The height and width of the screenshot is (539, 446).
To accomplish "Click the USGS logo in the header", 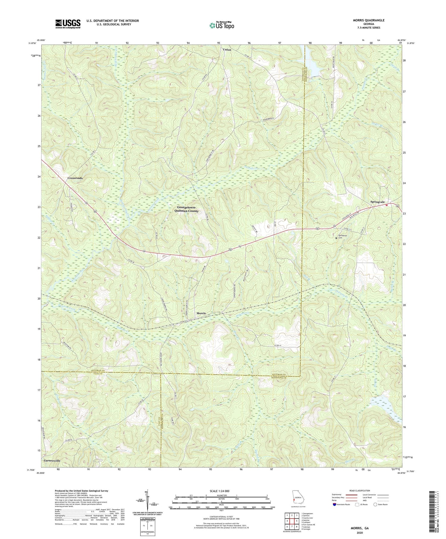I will coord(68,24).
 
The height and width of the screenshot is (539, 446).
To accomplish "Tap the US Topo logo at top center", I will coord(222,25).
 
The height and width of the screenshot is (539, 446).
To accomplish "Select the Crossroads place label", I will coord(75,178).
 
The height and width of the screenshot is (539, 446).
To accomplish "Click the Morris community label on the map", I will coord(201,313).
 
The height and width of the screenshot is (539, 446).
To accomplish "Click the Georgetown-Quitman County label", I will coord(188,209).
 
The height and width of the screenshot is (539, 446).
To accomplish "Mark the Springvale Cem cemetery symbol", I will coord(337,238).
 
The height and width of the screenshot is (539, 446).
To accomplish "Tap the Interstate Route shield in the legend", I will coord(335,504).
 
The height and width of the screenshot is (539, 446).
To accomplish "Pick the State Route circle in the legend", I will coord(375,504).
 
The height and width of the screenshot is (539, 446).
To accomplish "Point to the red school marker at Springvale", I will coord(387,205).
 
